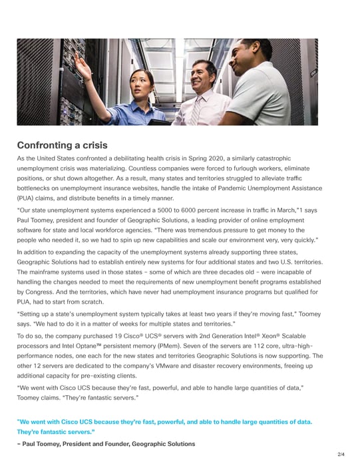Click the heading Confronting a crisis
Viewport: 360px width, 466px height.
[62, 145]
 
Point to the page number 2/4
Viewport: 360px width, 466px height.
[341, 455]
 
